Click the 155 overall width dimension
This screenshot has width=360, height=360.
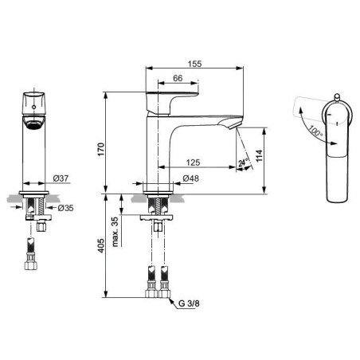click(x=194, y=64)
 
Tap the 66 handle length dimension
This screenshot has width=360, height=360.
click(x=178, y=78)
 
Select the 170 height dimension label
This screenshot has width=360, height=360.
click(x=101, y=150)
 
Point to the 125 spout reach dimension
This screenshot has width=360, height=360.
click(x=193, y=162)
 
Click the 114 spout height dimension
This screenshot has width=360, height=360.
click(x=259, y=155)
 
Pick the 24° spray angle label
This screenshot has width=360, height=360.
click(x=243, y=162)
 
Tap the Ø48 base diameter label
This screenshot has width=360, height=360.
click(x=190, y=178)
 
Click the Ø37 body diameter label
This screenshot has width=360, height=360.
click(x=61, y=178)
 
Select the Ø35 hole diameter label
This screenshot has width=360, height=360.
click(x=65, y=208)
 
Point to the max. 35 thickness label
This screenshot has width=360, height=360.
click(x=115, y=232)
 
